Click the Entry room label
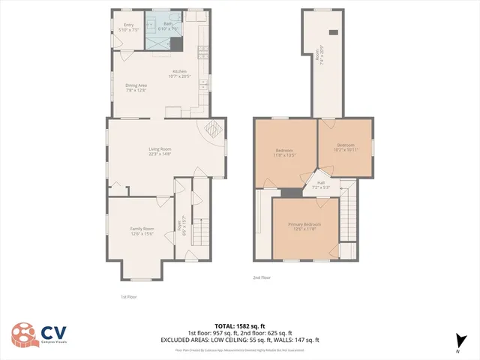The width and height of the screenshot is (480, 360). click(130, 27)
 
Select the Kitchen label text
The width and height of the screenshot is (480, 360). click(180, 73)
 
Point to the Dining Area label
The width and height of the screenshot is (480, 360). click(136, 88)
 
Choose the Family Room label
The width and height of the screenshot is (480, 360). click(142, 230)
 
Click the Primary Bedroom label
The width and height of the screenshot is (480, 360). click(305, 226)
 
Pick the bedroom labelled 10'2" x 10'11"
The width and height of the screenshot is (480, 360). click(346, 146)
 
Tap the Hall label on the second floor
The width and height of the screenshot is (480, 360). click(321, 184)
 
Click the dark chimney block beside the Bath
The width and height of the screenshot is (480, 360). click(176, 44)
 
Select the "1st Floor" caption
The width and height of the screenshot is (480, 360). click(128, 296)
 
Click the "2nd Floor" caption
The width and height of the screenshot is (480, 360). click(261, 277)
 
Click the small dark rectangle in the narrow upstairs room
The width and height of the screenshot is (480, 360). click(333, 32)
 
